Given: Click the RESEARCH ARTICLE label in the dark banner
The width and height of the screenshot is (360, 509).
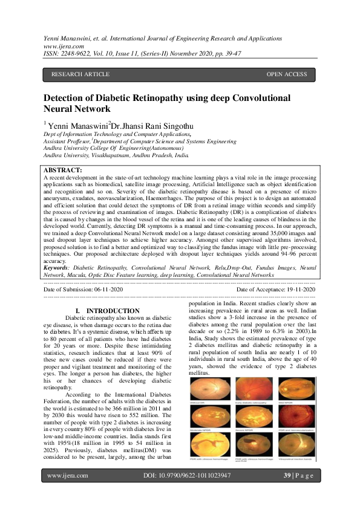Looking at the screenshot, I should coord(80,74).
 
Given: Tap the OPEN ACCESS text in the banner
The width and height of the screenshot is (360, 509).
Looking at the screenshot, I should coord(287,74).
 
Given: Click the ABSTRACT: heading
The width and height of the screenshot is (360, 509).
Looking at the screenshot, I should coord(64,170).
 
